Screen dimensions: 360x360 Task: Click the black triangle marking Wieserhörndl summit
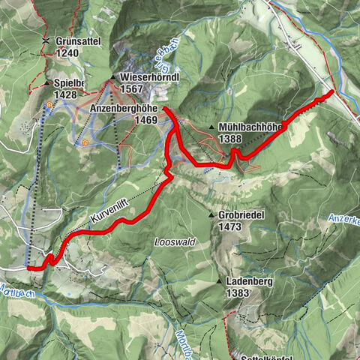tap(112, 77)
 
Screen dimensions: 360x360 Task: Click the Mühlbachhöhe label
tap(250, 127)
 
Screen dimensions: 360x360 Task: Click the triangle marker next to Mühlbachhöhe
tap(212, 127)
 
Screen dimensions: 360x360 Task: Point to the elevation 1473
tap(230, 226)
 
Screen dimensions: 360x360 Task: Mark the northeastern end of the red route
tap(332, 92)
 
